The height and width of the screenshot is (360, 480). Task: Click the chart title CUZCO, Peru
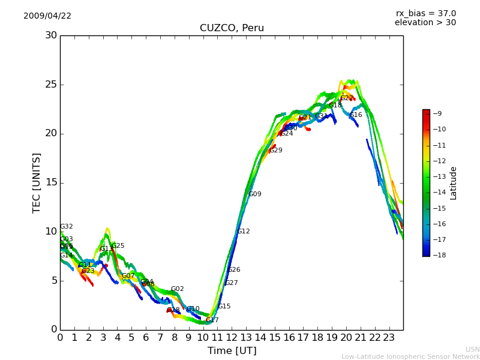[x=232, y=28]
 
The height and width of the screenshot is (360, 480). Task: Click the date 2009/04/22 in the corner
[x=47, y=16]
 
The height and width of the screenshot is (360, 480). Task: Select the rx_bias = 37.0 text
[x=425, y=14]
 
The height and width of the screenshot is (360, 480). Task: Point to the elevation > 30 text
[x=425, y=23]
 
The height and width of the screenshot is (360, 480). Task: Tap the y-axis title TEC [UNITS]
[x=37, y=182]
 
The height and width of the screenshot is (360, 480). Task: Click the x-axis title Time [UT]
[x=232, y=351]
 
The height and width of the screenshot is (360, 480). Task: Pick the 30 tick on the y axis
[x=51, y=35]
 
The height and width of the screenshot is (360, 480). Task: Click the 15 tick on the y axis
[x=51, y=182]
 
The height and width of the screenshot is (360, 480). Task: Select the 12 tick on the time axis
[x=232, y=338]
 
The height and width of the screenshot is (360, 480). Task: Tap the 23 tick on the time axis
[x=389, y=338]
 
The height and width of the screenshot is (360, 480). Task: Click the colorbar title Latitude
[x=454, y=183]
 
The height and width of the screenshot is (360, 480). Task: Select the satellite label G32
[x=67, y=227]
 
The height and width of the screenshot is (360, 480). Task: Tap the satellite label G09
[x=255, y=194]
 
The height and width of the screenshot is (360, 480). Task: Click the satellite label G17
[x=212, y=320]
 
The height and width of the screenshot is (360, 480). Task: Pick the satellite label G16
[x=356, y=115]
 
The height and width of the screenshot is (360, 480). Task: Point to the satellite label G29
[x=276, y=151]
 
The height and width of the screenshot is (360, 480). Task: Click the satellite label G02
[x=178, y=289]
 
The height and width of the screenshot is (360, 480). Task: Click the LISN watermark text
[x=472, y=349]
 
